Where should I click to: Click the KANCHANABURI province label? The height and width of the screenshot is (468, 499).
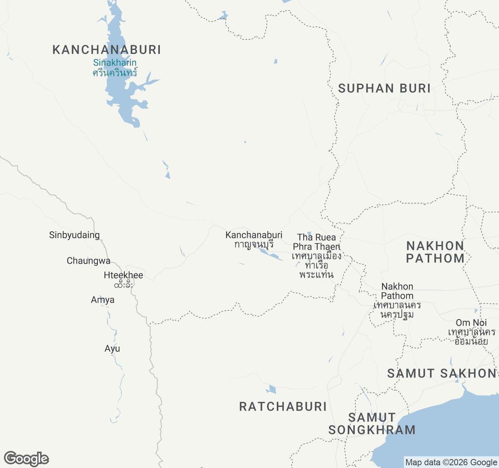tap(106, 50)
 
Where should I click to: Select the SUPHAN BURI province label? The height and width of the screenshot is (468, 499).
tap(384, 89)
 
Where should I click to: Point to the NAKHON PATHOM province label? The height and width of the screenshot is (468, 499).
tap(435, 252)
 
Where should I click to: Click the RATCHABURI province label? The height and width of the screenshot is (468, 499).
tap(283, 406)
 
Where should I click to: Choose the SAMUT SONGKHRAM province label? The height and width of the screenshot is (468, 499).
tap(372, 424)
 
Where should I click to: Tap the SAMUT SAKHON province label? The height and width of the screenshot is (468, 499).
tap(442, 373)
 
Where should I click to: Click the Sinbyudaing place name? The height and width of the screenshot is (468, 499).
tap(74, 235)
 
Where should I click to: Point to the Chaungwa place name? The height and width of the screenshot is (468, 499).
tap(88, 261)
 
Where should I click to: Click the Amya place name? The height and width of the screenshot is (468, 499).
tap(103, 300)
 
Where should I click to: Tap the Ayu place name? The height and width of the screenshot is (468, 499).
tap(112, 348)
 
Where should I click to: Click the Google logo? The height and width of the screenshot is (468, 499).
tap(27, 459)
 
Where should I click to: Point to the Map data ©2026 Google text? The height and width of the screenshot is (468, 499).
tap(451, 463)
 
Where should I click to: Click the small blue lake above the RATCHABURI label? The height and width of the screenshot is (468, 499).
tap(272, 389)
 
